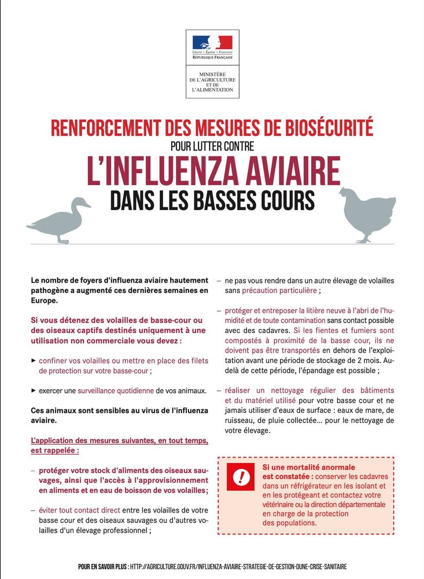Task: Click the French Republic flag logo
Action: (x=212, y=42)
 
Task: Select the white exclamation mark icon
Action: (x=241, y=477)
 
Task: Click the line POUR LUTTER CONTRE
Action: (x=212, y=146)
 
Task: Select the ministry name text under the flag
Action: (x=212, y=82)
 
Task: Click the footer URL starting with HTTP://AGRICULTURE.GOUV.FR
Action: (x=239, y=566)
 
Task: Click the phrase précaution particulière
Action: (x=279, y=291)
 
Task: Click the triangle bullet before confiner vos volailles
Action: (x=34, y=360)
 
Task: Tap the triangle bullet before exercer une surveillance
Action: (x=34, y=390)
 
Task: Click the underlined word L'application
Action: (x=54, y=441)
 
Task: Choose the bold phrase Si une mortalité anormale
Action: (x=308, y=467)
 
